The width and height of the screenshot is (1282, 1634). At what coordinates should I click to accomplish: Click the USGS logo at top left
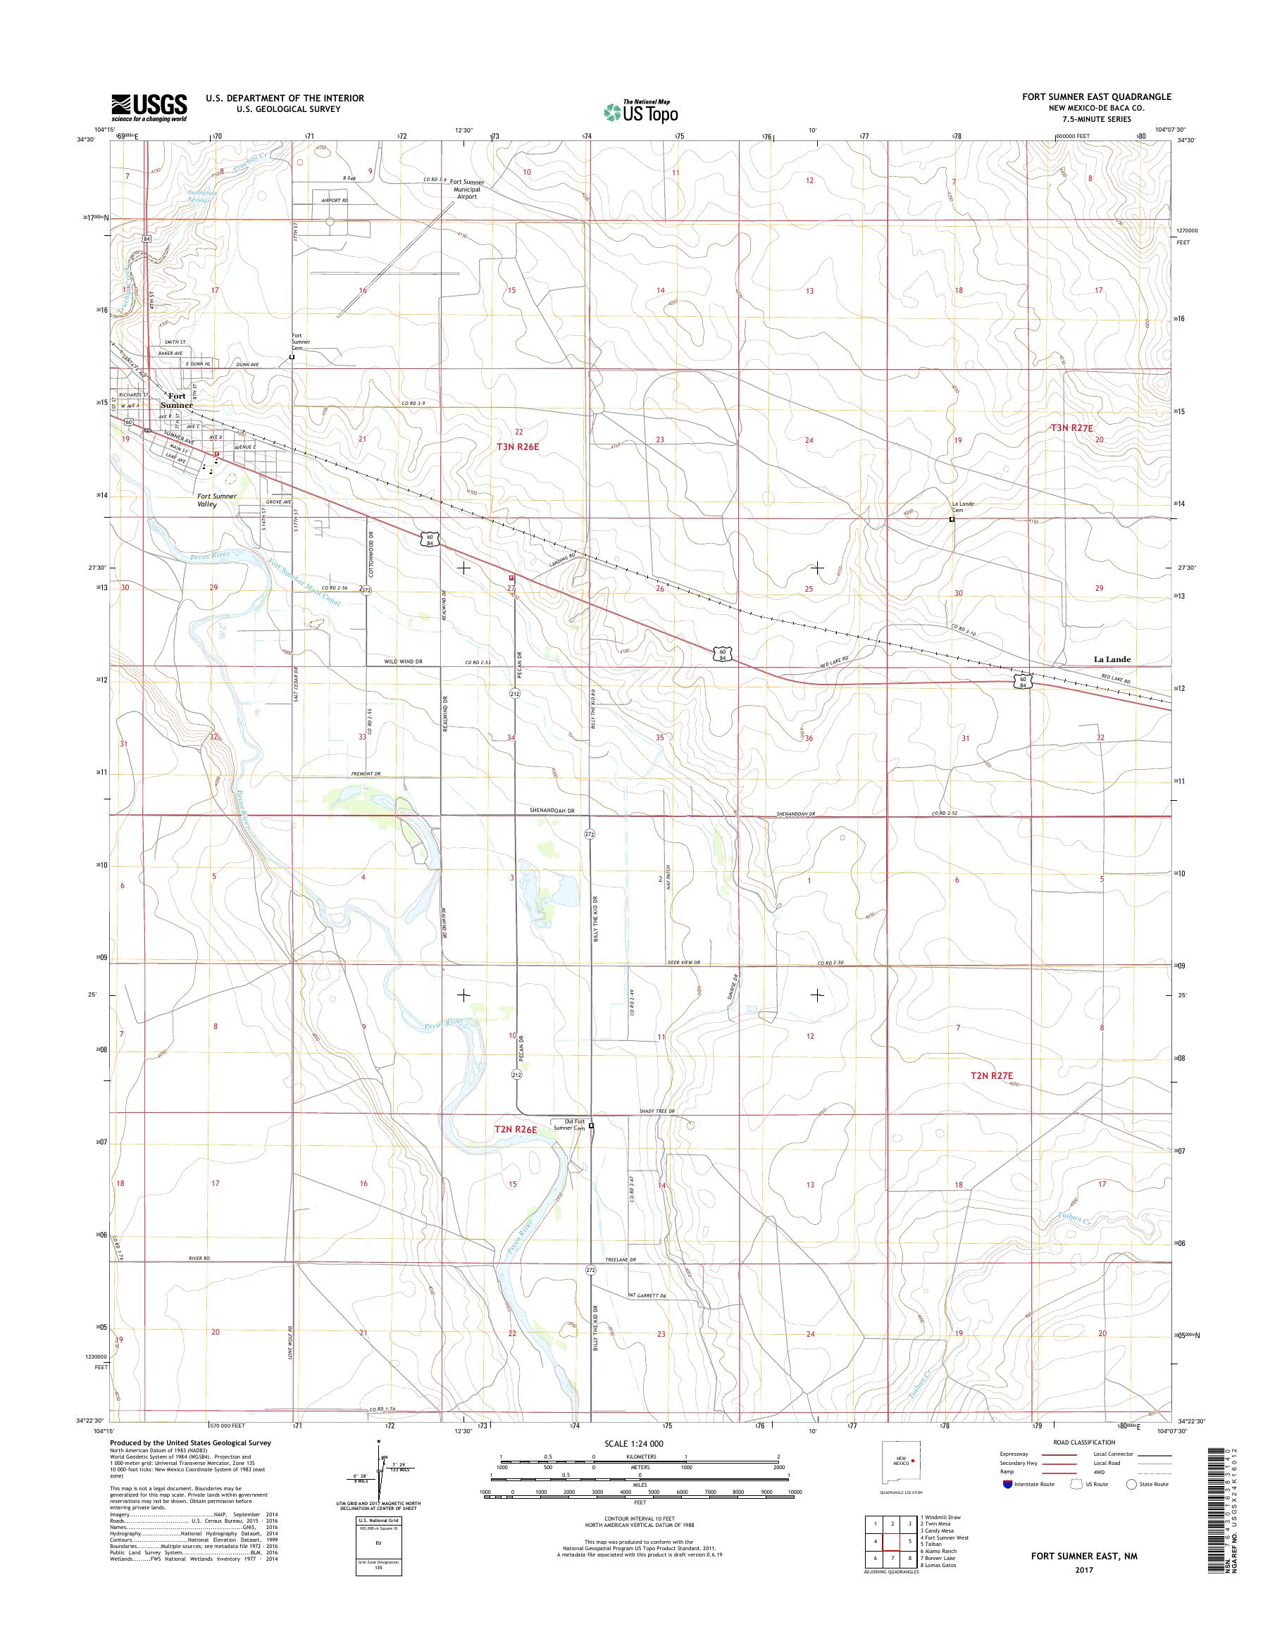click(x=149, y=107)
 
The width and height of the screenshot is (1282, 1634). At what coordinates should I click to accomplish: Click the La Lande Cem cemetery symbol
click(x=952, y=518)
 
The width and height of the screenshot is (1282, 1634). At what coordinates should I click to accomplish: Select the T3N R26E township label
click(x=518, y=446)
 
